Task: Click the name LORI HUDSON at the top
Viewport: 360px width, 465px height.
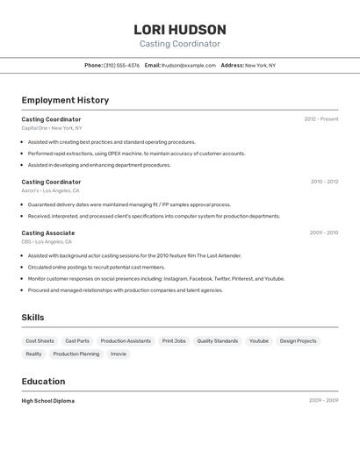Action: [x=179, y=30]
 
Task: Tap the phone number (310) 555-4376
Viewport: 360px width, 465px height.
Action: [x=121, y=65]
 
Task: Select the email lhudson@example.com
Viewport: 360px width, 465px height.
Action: [x=188, y=65]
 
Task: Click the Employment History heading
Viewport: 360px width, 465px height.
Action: [x=65, y=100]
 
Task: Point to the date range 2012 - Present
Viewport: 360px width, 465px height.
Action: [x=320, y=119]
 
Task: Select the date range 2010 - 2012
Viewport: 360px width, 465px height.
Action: [x=324, y=182]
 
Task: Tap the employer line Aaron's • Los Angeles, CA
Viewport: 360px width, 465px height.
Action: [x=50, y=190]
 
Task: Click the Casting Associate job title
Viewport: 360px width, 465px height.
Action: [x=47, y=233]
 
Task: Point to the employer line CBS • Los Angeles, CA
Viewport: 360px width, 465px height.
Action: [x=47, y=241]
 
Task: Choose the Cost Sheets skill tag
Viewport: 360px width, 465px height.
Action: [x=40, y=340]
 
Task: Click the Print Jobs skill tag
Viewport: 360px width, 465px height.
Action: [x=174, y=340]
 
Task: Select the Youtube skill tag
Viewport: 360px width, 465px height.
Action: [x=259, y=340]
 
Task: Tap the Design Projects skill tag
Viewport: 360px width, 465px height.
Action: [x=298, y=340]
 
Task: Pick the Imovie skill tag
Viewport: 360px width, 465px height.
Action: [x=119, y=354]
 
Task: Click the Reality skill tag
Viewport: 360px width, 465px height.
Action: [x=33, y=354]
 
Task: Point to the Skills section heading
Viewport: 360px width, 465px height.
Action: [x=32, y=318]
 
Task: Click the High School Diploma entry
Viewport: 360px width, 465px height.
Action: [x=47, y=401]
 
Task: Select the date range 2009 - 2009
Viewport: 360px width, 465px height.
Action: [x=323, y=400]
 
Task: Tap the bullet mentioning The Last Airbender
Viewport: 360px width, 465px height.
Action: [x=133, y=255]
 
